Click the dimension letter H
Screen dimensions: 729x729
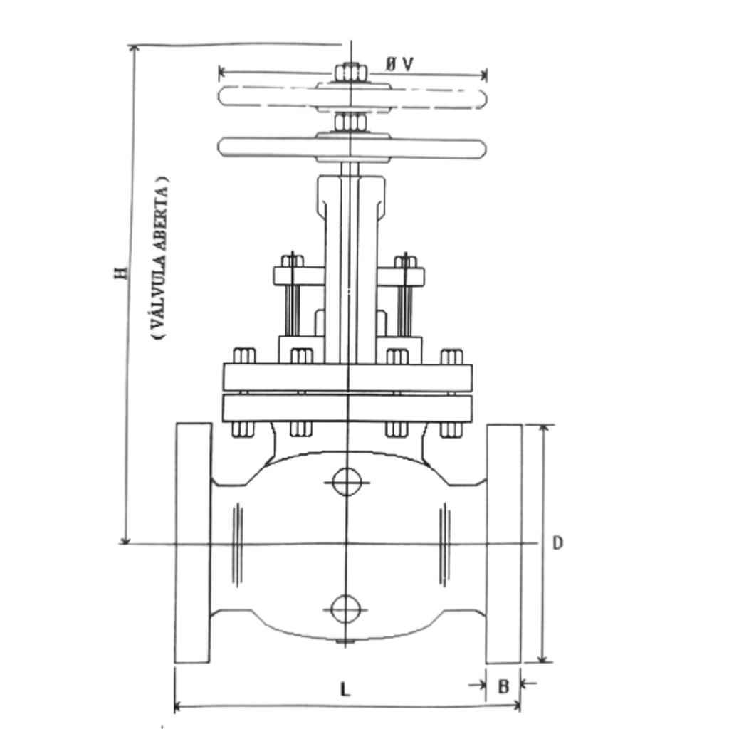click(x=121, y=273)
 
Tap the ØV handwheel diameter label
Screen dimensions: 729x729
click(x=399, y=64)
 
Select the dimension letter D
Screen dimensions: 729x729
click(x=557, y=542)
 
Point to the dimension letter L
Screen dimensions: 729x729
click(x=345, y=689)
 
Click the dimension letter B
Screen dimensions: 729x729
click(x=503, y=686)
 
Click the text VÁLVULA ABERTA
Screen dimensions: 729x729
click(x=160, y=257)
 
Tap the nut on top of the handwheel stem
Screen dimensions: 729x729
click(x=351, y=73)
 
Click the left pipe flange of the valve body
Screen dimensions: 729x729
click(x=193, y=542)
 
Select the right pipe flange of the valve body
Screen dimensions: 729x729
click(x=503, y=543)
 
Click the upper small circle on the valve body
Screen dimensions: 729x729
click(x=347, y=482)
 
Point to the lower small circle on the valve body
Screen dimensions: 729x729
click(x=346, y=609)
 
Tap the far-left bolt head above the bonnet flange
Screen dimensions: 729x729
click(x=244, y=356)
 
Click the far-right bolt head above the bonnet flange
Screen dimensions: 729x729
click(x=451, y=357)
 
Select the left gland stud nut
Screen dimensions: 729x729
click(x=293, y=261)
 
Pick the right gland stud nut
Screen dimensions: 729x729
click(x=406, y=262)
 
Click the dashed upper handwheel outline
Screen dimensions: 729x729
click(x=352, y=97)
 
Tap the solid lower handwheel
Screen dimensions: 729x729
click(x=352, y=148)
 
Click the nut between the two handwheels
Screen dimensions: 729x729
click(x=350, y=122)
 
